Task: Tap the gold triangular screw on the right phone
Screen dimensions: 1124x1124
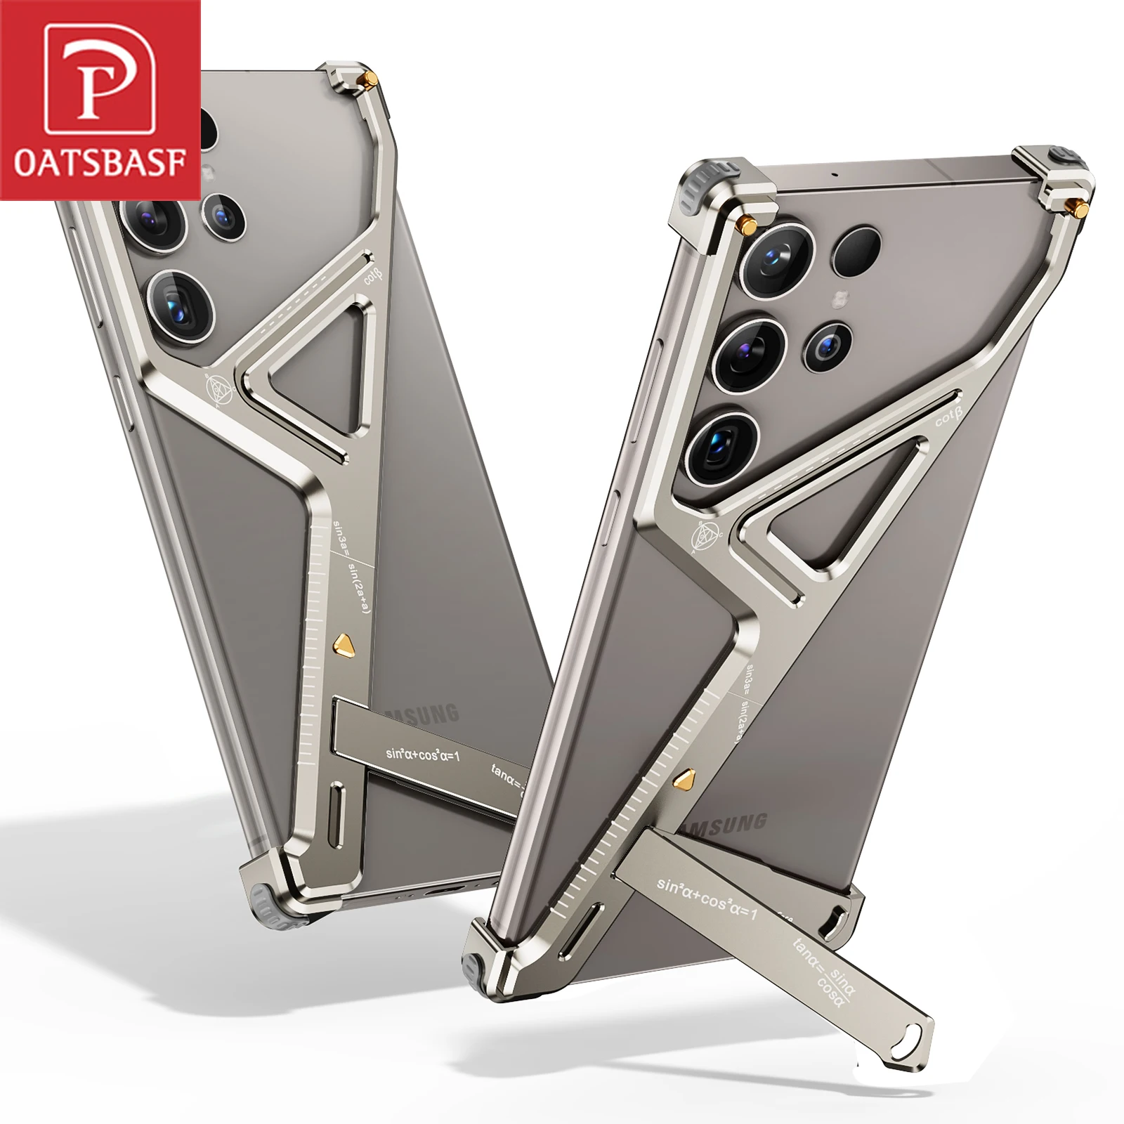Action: [x=685, y=778]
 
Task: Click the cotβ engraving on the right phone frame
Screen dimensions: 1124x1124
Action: [x=947, y=419]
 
